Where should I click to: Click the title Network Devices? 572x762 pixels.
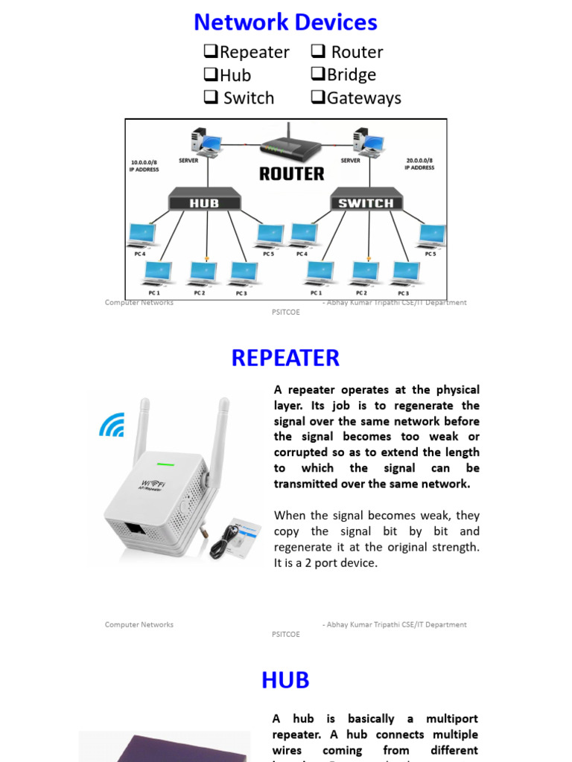(x=285, y=22)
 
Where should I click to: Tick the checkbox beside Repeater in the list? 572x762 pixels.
(x=211, y=52)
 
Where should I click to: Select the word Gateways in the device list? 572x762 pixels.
(x=363, y=98)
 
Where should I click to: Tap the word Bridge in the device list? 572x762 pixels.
(x=351, y=75)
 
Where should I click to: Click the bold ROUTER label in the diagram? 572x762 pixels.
(x=291, y=174)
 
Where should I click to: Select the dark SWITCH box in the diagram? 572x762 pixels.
(x=366, y=202)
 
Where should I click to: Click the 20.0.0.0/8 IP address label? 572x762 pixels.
(x=419, y=164)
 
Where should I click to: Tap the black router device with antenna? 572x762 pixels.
(x=290, y=148)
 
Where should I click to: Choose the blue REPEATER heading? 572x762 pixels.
(x=285, y=358)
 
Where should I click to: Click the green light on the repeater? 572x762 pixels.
(x=165, y=464)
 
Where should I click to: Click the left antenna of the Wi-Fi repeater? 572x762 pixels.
(x=141, y=429)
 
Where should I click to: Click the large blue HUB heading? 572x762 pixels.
(x=285, y=680)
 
